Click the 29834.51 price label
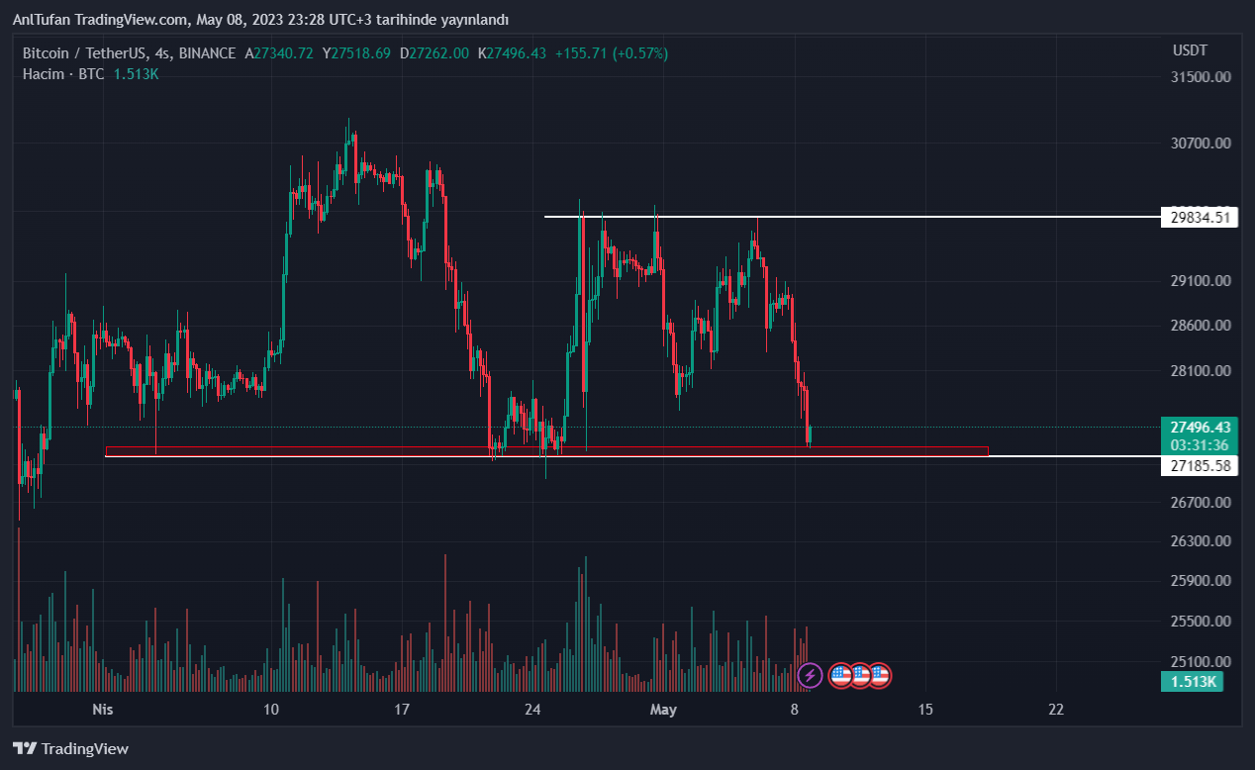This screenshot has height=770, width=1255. pos(1200,217)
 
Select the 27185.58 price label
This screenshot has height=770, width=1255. pos(1200,465)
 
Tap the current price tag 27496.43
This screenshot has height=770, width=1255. pos(1200,428)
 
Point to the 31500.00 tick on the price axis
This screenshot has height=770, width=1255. pos(1201,77)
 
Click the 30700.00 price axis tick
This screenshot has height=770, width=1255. pos(1201,144)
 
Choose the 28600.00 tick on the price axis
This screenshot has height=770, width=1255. pos(1201,326)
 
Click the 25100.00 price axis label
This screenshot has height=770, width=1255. pos(1201,662)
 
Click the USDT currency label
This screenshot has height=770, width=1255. pos(1190,50)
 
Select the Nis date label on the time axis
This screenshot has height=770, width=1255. pos(103,710)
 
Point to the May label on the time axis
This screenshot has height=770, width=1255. pos(663,710)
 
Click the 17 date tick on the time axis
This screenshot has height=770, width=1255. pos(402,710)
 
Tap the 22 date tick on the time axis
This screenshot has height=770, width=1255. pos(1056,710)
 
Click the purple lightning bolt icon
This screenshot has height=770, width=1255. pos(810,676)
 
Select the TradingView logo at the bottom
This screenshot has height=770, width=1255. pos(70,749)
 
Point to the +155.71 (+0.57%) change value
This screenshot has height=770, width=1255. pos(612,53)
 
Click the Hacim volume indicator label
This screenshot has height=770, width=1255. pos(44,74)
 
